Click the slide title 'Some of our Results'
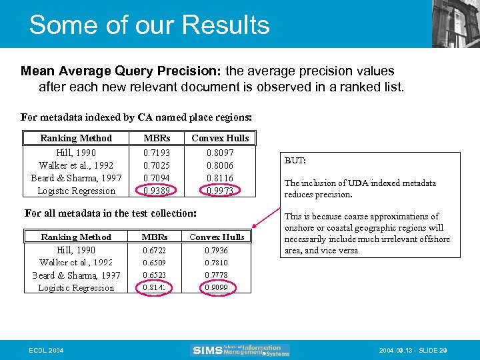(x=149, y=25)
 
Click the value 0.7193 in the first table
(x=157, y=153)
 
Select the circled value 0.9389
(x=157, y=191)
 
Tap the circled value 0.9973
(x=220, y=191)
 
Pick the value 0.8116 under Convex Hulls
(x=220, y=178)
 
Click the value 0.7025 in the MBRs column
(x=157, y=165)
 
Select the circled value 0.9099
(x=217, y=288)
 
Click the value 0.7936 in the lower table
(x=217, y=250)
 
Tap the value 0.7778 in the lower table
(x=217, y=275)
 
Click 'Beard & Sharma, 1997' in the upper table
(x=76, y=178)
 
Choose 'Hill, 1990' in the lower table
(x=76, y=250)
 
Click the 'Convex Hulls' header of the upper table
(x=220, y=138)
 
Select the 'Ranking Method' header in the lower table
(x=76, y=237)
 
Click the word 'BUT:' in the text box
(x=295, y=161)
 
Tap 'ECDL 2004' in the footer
(x=47, y=350)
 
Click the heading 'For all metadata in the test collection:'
(x=111, y=213)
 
